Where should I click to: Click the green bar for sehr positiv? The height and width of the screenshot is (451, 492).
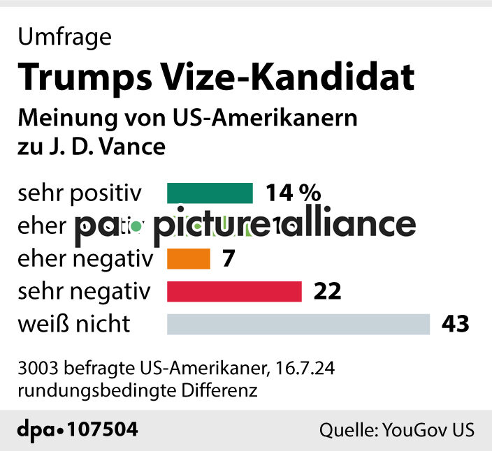pyautogui.click(x=210, y=193)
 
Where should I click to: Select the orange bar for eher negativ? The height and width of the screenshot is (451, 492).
pyautogui.click(x=189, y=259)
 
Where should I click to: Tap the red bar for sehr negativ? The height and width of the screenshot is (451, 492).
pyautogui.click(x=234, y=291)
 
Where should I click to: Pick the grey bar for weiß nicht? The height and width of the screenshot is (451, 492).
pyautogui.click(x=298, y=325)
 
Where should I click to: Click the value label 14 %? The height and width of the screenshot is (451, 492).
pyautogui.click(x=293, y=193)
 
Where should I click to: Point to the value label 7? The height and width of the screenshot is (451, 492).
pyautogui.click(x=228, y=259)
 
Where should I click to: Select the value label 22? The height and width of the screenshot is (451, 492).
pyautogui.click(x=327, y=291)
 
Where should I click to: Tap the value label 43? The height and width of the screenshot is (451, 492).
pyautogui.click(x=455, y=325)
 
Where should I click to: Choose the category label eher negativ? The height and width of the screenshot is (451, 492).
pyautogui.click(x=85, y=259)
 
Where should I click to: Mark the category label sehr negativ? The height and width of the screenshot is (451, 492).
pyautogui.click(x=85, y=291)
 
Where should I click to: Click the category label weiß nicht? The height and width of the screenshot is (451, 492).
pyautogui.click(x=74, y=325)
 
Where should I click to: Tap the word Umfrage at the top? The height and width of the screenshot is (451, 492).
pyautogui.click(x=64, y=37)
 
